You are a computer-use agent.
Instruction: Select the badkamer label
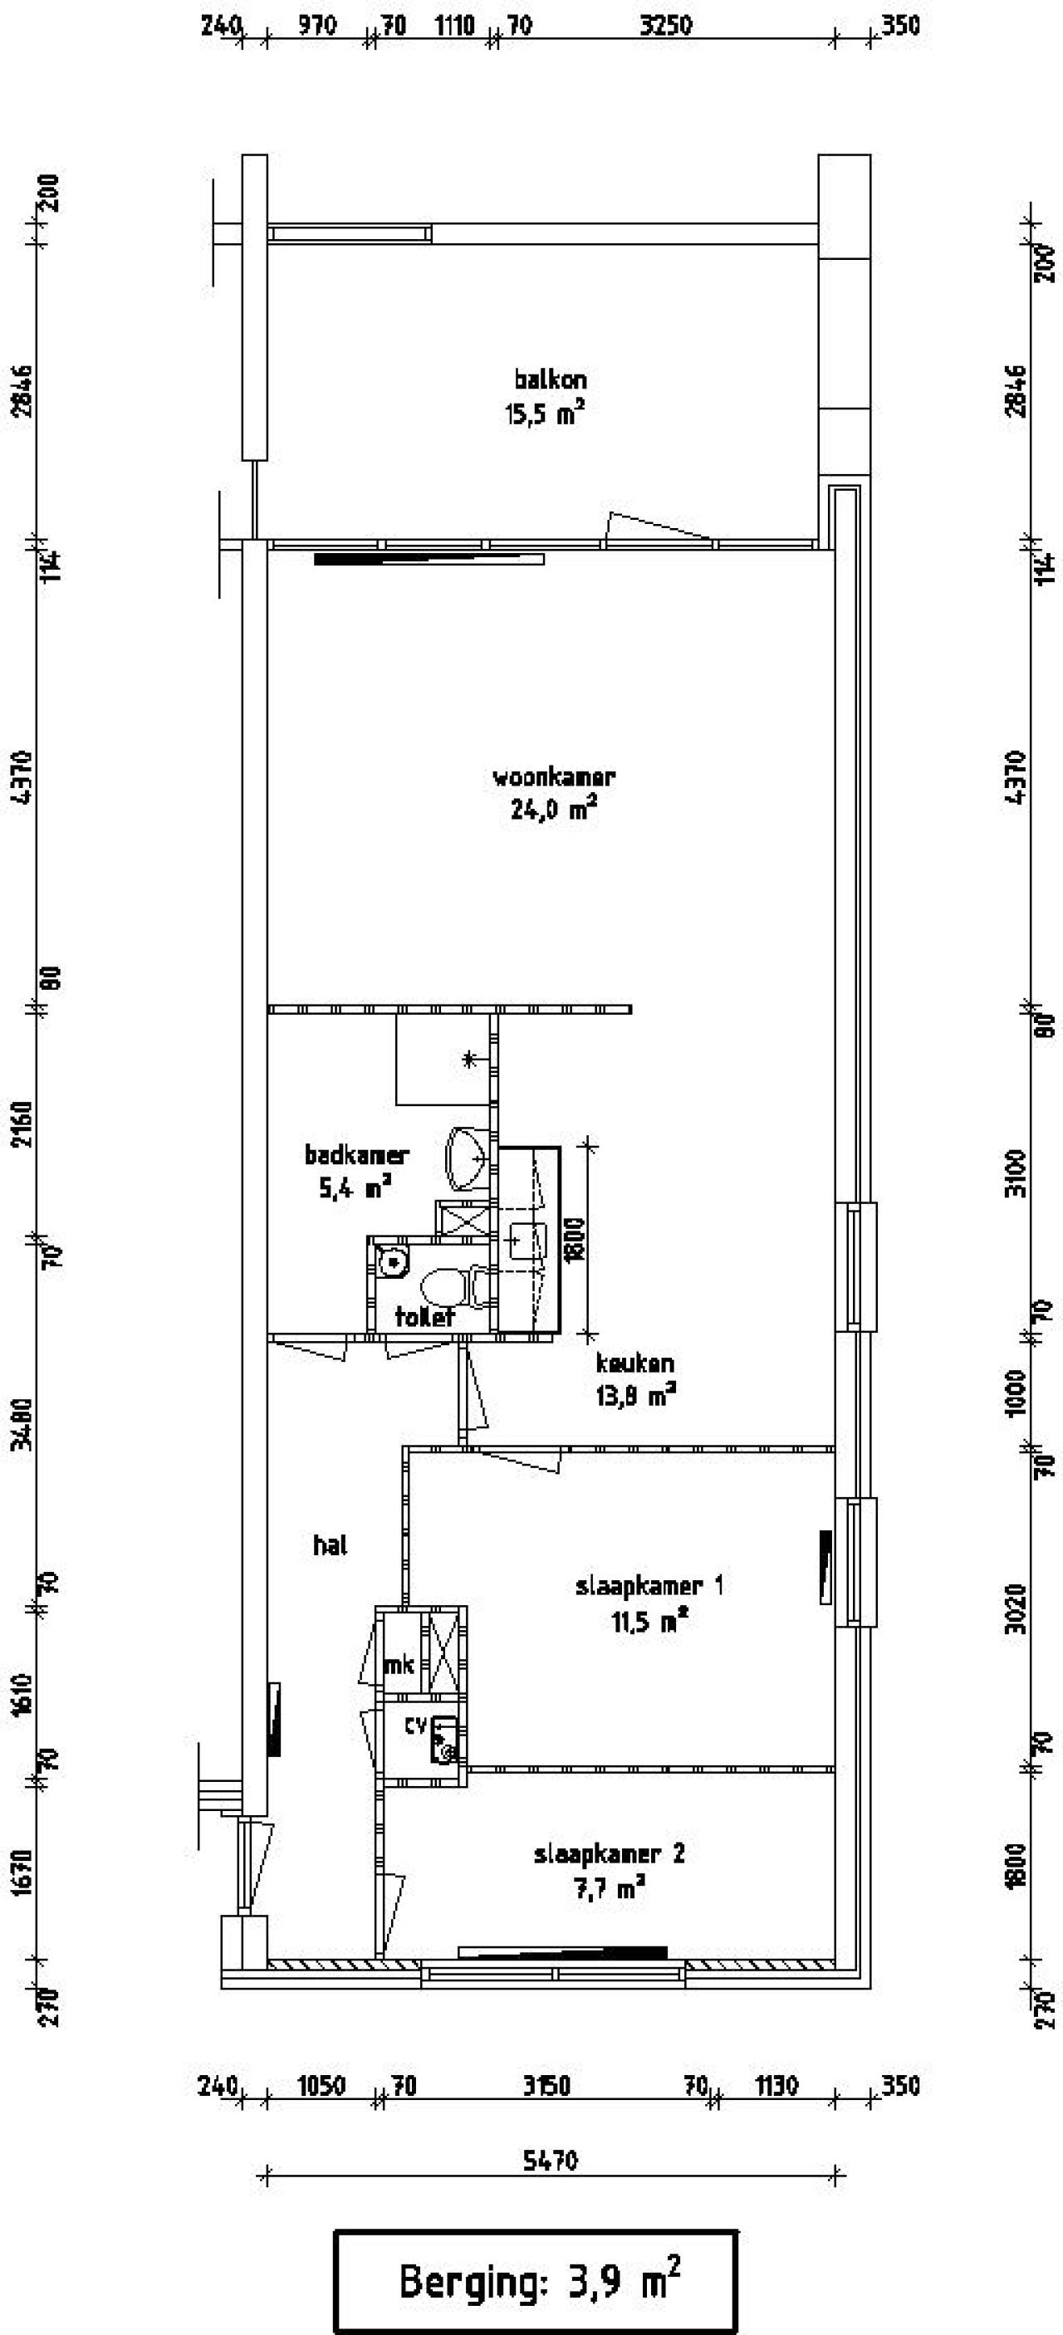coord(357,1155)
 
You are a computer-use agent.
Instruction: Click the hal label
coord(331,1546)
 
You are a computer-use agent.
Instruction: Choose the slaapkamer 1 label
coord(649,1586)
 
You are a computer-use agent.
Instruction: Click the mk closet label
coord(399,1665)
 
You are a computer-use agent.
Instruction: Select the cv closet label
coord(415,1726)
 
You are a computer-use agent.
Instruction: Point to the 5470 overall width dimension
coord(550,2160)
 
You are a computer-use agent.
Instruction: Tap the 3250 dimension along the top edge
coord(665,26)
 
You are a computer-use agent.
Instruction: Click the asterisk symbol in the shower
coord(469,1058)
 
